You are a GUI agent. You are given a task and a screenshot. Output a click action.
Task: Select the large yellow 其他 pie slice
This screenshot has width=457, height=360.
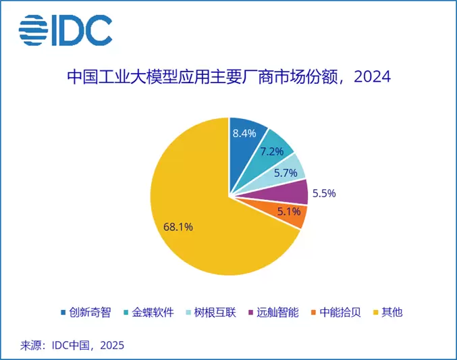[196, 216]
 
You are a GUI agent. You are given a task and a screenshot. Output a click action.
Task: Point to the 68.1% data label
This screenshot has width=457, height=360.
[178, 227]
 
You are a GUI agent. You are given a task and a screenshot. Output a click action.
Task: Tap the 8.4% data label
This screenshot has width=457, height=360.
[244, 134]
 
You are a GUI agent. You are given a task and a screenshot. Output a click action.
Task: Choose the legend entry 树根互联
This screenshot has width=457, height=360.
[212, 312]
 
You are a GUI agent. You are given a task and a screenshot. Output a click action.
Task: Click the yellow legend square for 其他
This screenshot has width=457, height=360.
[377, 312]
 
